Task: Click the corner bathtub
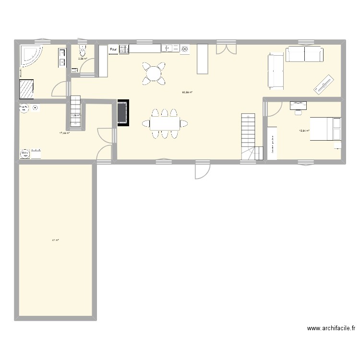click(x=30, y=56)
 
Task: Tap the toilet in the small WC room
click(x=84, y=51)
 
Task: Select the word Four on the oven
click(x=113, y=49)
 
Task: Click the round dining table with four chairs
click(x=154, y=73)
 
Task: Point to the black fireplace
click(x=122, y=113)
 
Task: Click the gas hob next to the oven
click(x=124, y=49)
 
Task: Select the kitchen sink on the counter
click(x=167, y=48)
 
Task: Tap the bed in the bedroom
click(x=325, y=128)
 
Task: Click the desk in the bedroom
click(x=298, y=104)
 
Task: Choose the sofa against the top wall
click(x=304, y=54)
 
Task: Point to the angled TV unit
click(x=324, y=84)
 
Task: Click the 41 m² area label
click(x=55, y=240)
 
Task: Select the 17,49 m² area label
click(x=64, y=133)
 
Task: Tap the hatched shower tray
click(x=27, y=89)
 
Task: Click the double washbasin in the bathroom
click(x=62, y=57)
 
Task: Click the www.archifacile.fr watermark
click(x=331, y=329)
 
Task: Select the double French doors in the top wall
click(x=226, y=48)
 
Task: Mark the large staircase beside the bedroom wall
click(x=249, y=136)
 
